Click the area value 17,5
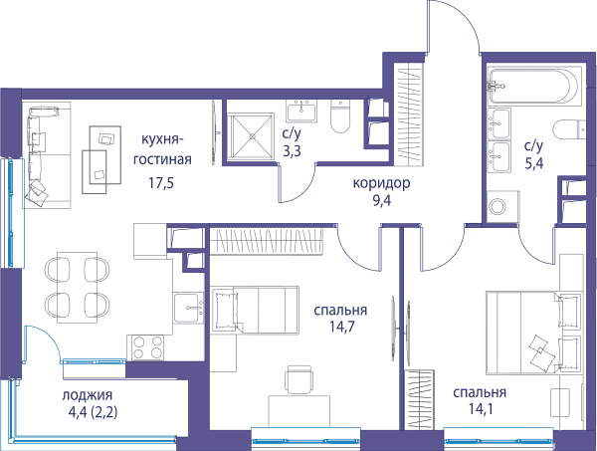(161, 183)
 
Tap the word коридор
(381, 183)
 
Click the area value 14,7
(340, 327)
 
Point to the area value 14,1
(481, 409)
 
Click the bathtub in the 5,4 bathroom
(535, 86)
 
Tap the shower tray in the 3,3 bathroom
(252, 135)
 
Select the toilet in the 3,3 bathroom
(340, 116)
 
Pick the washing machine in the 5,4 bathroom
(502, 206)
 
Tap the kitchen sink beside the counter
(188, 309)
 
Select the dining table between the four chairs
(78, 287)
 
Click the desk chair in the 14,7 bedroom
(300, 379)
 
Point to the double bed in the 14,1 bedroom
(534, 333)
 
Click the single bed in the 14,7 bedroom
(255, 310)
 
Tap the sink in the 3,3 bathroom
(301, 111)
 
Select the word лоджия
(88, 395)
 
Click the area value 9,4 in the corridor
(382, 201)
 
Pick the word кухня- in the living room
(162, 139)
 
